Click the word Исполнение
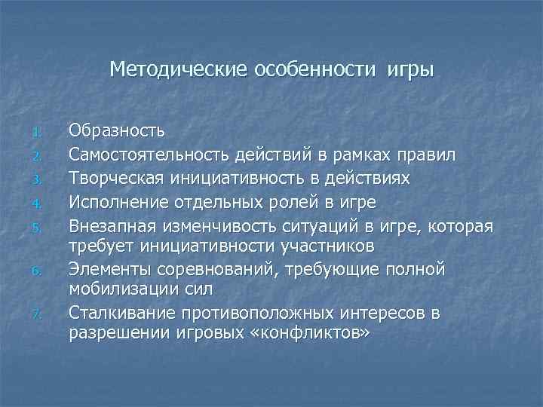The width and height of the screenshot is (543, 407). pyautogui.click(x=118, y=202)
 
